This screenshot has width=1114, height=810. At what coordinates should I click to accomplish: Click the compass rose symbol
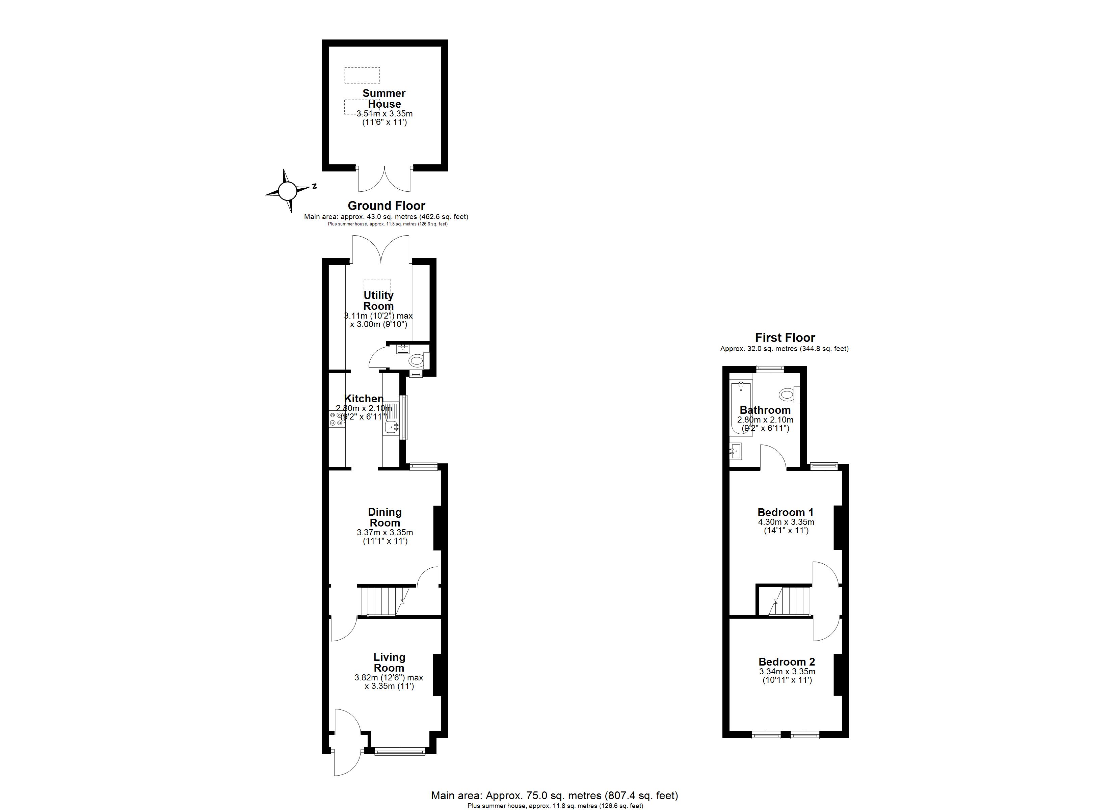coord(288,191)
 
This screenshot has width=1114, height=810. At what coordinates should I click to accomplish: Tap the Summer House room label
coord(384,98)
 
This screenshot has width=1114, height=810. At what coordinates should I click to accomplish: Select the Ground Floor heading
coord(386,206)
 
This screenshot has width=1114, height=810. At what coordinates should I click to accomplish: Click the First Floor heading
coord(785,337)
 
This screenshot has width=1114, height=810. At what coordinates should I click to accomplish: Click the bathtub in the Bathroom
coord(741,408)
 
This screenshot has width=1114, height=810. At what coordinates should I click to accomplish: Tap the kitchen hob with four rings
coord(337,419)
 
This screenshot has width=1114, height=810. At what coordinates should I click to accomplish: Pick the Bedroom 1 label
coord(786,512)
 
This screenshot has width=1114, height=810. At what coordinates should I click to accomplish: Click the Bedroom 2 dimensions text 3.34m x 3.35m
coord(787,672)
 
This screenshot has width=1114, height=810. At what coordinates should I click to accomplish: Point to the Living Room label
coord(389,662)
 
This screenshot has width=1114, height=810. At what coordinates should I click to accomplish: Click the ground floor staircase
coord(384,601)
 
